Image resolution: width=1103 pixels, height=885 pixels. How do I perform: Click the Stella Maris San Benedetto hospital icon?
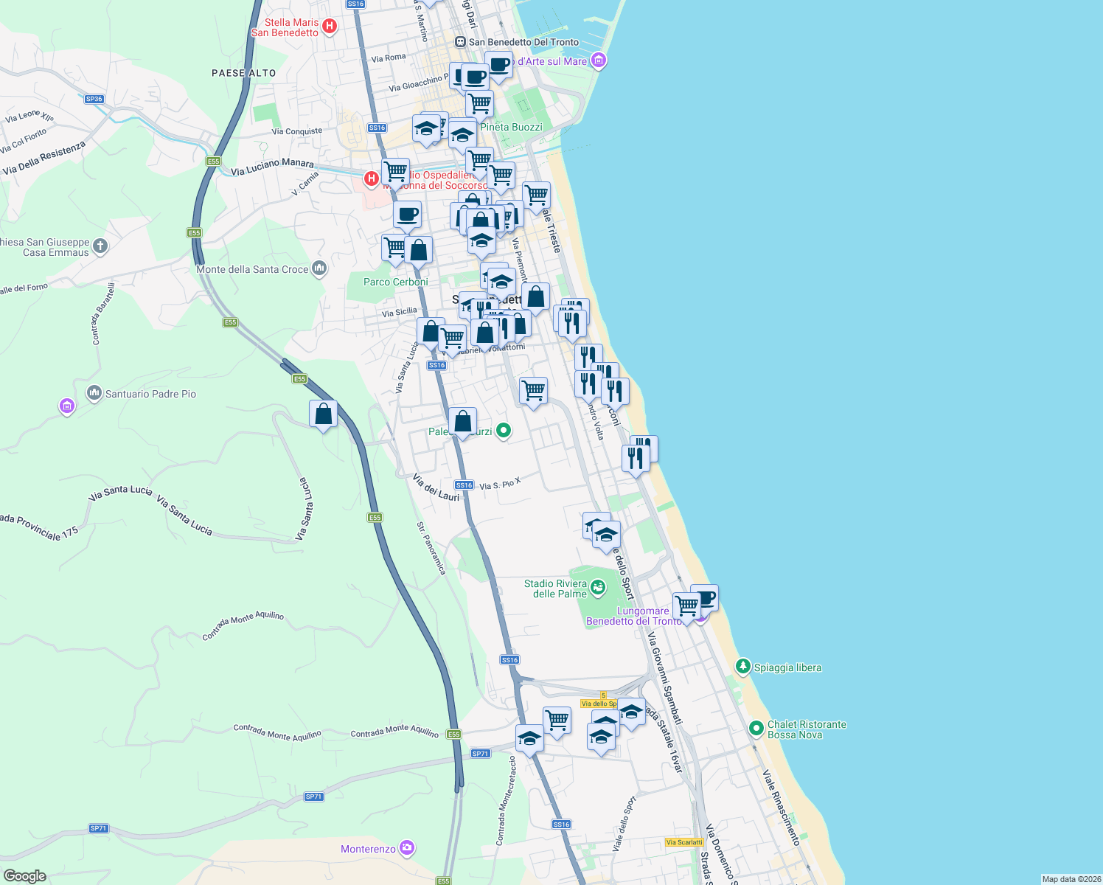330,27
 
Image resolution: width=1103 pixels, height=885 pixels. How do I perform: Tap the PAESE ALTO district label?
243,73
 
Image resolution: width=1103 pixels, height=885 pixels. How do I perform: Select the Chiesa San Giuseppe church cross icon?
100,246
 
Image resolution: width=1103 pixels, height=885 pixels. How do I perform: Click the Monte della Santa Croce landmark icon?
319,268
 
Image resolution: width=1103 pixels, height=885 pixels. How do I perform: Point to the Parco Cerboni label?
395,282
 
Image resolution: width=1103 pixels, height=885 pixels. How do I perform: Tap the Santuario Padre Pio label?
150,394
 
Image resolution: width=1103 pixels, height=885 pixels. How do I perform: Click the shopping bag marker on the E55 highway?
323,415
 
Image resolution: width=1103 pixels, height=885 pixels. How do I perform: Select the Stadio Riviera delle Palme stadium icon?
598,588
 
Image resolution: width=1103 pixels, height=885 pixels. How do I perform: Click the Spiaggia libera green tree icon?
743,667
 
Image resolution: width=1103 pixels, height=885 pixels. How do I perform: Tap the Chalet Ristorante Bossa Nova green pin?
756,729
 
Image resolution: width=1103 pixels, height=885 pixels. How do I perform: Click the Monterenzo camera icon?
406,848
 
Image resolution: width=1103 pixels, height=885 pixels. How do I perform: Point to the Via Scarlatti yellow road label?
684,842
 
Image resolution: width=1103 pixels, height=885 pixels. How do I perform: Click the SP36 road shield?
94,99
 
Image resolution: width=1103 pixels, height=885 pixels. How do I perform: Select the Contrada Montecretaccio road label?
504,800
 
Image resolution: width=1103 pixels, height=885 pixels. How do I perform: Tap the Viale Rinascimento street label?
781,807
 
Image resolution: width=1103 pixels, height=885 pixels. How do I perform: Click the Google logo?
25,876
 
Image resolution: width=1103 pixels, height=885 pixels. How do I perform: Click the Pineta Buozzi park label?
511,127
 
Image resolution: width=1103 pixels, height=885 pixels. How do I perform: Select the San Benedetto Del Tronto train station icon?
461,42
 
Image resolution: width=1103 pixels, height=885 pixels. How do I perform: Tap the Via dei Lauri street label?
436,487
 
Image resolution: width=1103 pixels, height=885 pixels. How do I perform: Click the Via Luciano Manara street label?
272,167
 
